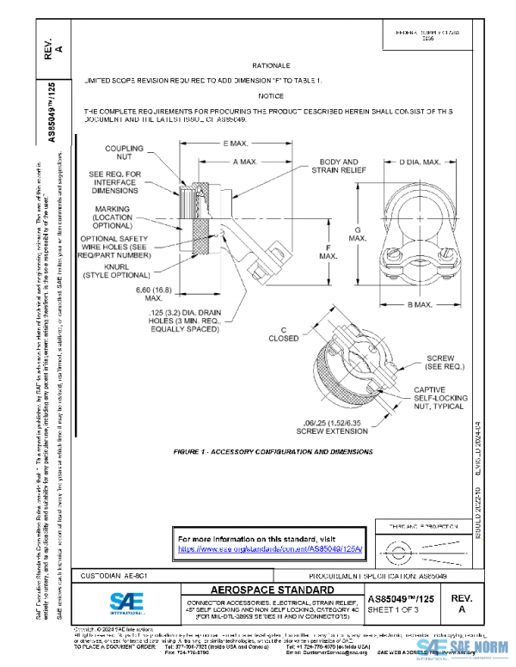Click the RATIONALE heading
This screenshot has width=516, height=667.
(272, 65)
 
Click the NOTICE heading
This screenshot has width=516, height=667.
(271, 96)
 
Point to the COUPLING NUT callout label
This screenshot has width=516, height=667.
(124, 154)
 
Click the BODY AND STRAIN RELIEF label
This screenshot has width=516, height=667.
(339, 166)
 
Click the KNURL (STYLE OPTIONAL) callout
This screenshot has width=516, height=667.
(114, 272)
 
